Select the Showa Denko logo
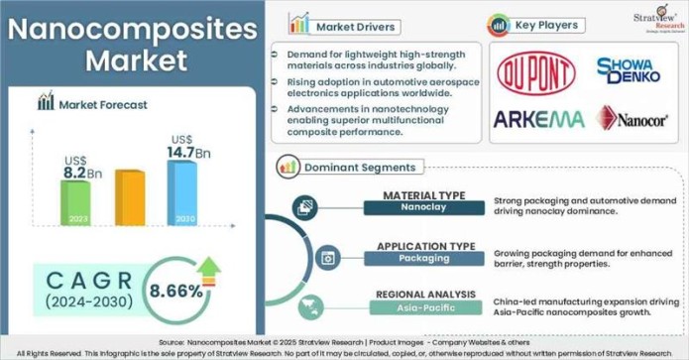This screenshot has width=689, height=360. (x=629, y=69)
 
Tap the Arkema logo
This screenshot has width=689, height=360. (x=538, y=119)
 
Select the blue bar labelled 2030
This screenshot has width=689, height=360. (x=181, y=192)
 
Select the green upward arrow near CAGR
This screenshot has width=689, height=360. (x=209, y=267)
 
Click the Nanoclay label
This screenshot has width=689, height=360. (x=422, y=208)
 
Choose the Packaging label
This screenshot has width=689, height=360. (x=422, y=258)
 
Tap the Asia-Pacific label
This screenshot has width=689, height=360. (x=422, y=307)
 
